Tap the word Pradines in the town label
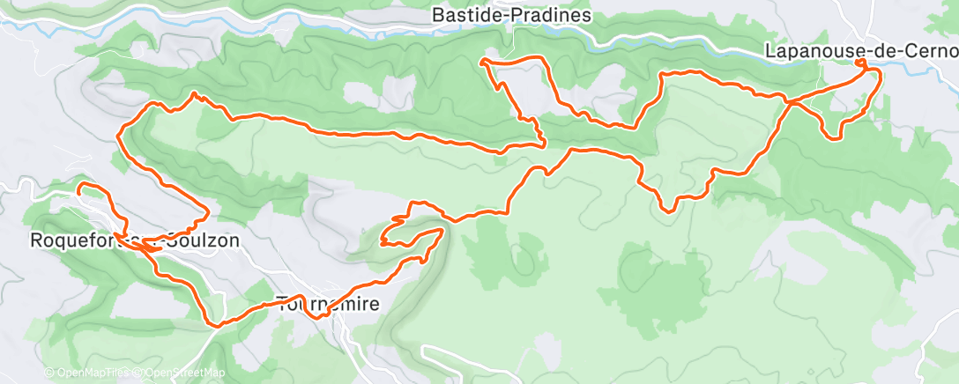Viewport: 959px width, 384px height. [x=554, y=15]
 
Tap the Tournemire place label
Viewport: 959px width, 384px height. [x=328, y=305]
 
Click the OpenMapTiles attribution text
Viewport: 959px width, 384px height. [x=89, y=373]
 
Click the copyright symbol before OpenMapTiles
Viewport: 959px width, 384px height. [x=48, y=373]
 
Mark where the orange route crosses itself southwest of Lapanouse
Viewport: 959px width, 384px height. [x=791, y=103]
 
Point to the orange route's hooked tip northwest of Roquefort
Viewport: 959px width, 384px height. [x=78, y=187]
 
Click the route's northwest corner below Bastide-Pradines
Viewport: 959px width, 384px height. [x=482, y=61]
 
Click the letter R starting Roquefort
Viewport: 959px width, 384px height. [x=35, y=240]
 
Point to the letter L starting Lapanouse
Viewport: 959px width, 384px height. [x=770, y=52]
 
